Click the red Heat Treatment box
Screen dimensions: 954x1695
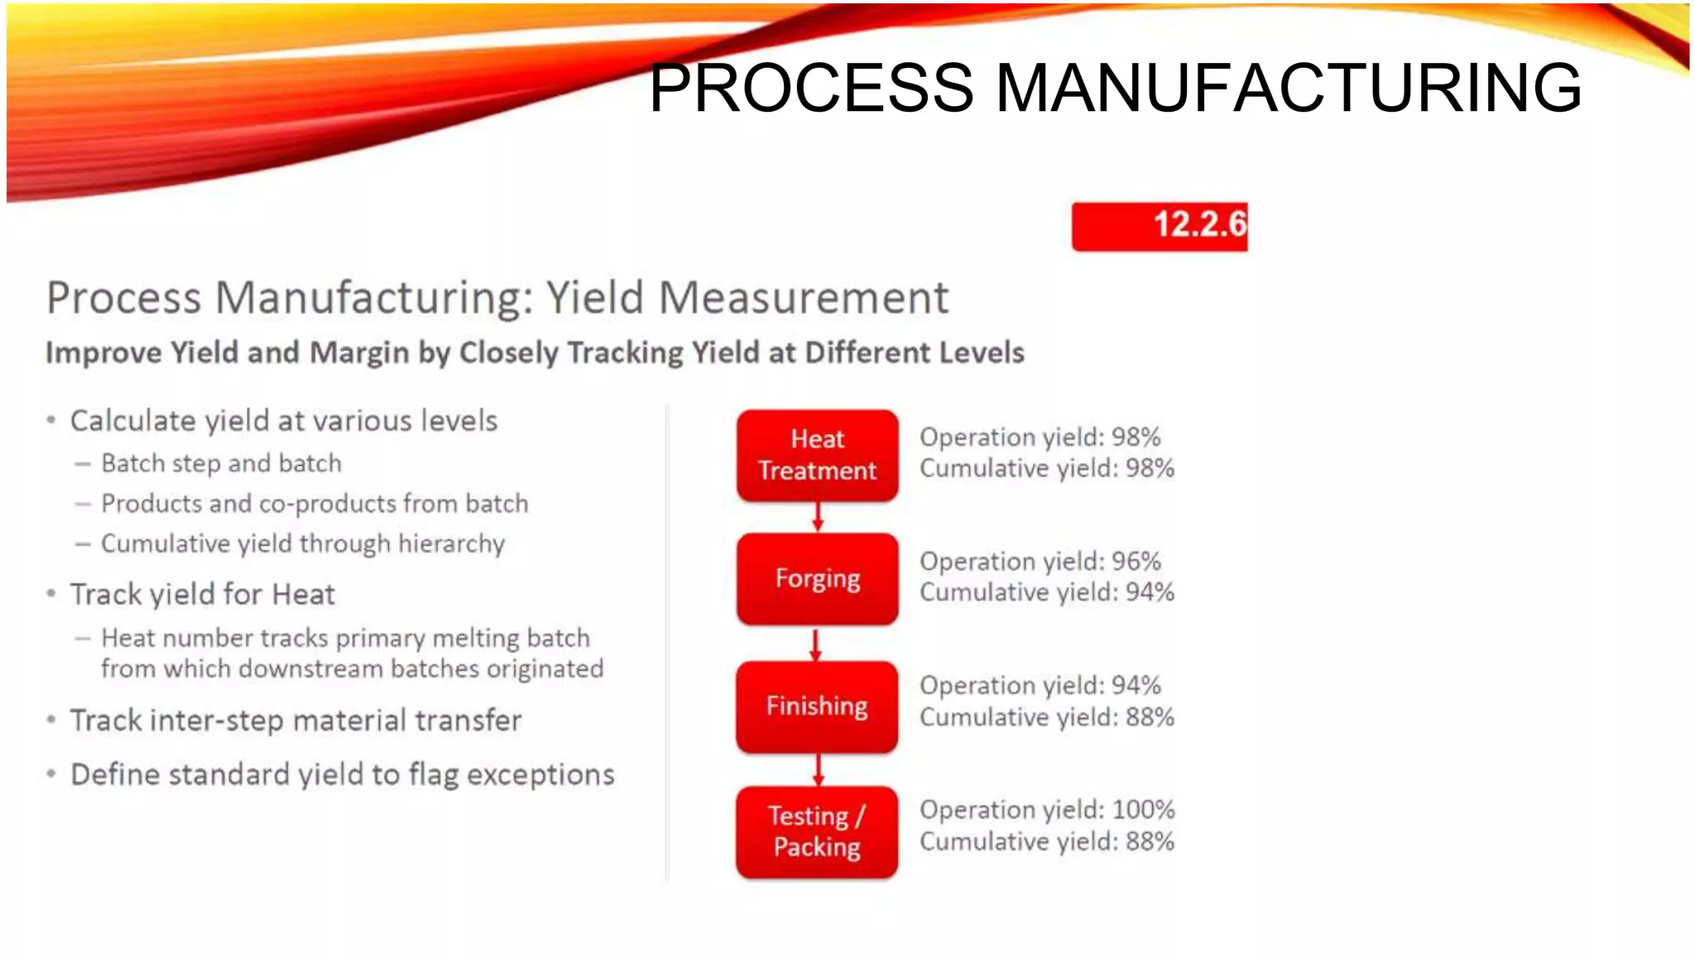pyautogui.click(x=817, y=455)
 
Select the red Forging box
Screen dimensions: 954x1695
pyautogui.click(x=817, y=578)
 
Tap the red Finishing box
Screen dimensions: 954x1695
pyautogui.click(x=817, y=706)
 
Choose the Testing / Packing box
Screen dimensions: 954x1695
pyautogui.click(x=817, y=831)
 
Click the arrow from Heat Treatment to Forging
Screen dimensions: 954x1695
pyautogui.click(x=818, y=516)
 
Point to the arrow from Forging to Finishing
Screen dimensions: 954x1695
pyautogui.click(x=816, y=643)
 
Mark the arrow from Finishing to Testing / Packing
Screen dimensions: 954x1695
pyautogui.click(x=818, y=769)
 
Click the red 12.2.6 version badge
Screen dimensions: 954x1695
pyautogui.click(x=1159, y=225)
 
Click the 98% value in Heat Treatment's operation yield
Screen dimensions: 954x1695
pyautogui.click(x=1136, y=437)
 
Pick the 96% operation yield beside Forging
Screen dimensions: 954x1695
pyautogui.click(x=1136, y=561)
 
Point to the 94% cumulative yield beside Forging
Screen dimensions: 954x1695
pyautogui.click(x=1150, y=593)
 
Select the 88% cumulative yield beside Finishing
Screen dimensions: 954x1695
pyautogui.click(x=1150, y=717)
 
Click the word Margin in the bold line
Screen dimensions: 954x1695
pyautogui.click(x=359, y=353)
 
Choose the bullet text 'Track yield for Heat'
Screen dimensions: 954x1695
pyautogui.click(x=203, y=595)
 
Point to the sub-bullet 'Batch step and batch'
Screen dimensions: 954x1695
pyautogui.click(x=221, y=464)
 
